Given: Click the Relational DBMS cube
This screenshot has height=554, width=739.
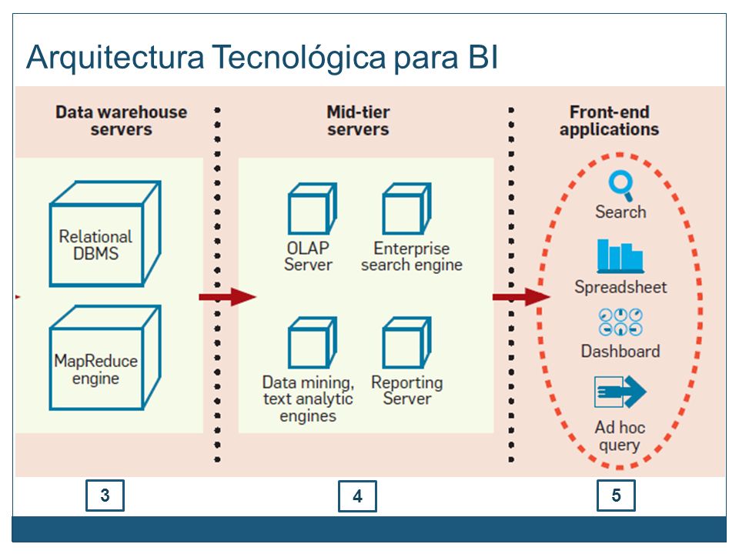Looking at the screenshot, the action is tap(105, 234).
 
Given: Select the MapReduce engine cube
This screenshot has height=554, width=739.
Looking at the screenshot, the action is tap(105, 358).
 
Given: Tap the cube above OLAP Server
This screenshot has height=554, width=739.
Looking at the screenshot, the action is tap(313, 209).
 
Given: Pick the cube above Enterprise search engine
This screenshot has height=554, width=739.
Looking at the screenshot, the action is tap(406, 209).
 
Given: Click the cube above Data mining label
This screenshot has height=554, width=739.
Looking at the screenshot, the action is tap(313, 342).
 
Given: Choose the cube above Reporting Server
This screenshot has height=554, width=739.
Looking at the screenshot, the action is tap(406, 342).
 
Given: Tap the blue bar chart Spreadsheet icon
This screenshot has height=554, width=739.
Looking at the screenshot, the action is tap(620, 256).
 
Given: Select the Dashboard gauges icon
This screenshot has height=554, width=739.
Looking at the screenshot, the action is tap(620, 322).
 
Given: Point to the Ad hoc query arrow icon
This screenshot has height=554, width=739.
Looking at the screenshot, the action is tap(620, 392).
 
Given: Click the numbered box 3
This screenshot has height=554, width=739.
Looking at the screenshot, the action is tap(105, 495).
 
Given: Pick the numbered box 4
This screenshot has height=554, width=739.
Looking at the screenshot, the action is tap(357, 496).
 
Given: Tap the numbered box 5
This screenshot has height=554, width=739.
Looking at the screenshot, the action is tap(616, 495).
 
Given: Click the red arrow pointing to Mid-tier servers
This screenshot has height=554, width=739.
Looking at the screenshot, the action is tap(228, 297).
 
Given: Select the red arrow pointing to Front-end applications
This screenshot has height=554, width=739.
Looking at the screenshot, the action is tap(522, 297).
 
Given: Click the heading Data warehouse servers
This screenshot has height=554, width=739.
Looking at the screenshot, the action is tap(121, 121).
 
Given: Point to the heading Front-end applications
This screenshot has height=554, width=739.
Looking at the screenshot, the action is tap(610, 121).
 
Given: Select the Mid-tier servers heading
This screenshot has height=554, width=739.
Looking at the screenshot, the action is tap(358, 121).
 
